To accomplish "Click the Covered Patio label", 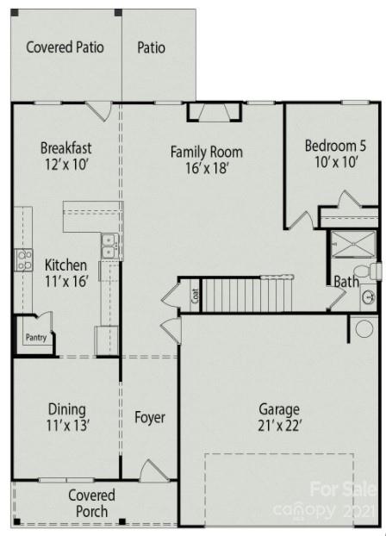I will point(65,47).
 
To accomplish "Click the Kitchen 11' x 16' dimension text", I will point(65,280).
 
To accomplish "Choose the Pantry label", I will point(35,338).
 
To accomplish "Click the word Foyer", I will point(149,418).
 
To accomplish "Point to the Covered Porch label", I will point(91,503).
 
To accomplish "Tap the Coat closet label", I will point(195,298).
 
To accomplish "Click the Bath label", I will point(346,281).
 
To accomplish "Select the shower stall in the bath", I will point(354,245).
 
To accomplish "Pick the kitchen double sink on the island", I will point(109,246).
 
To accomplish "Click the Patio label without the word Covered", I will point(152,47).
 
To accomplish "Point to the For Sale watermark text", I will point(343,490).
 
